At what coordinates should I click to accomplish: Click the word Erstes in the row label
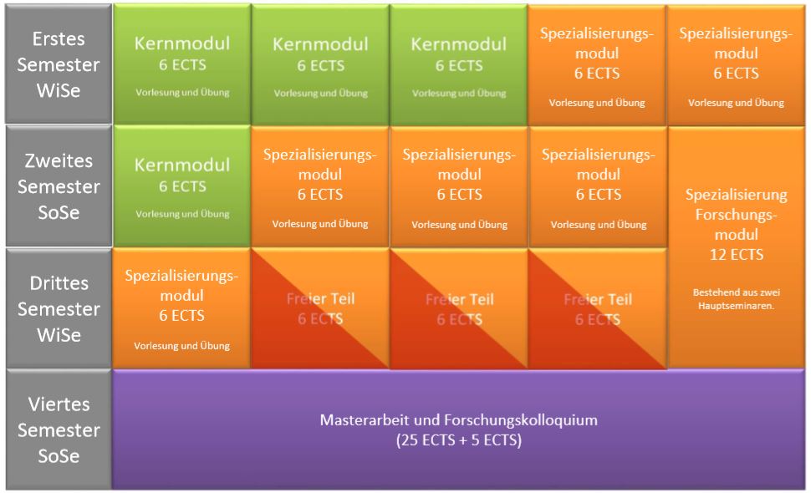click(x=58, y=39)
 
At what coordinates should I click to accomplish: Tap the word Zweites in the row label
click(x=58, y=160)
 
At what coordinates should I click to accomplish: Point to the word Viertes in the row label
click(x=58, y=405)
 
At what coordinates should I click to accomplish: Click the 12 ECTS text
click(x=736, y=254)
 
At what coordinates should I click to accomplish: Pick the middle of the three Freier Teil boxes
click(x=459, y=308)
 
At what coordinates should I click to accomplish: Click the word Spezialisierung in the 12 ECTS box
click(x=736, y=196)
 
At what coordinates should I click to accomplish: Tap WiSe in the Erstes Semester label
click(x=58, y=91)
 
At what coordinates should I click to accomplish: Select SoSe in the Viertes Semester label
click(x=58, y=456)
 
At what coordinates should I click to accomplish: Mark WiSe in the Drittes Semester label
click(x=58, y=335)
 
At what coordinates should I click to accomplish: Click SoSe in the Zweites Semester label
click(x=58, y=212)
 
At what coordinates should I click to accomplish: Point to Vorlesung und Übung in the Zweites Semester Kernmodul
click(x=182, y=215)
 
